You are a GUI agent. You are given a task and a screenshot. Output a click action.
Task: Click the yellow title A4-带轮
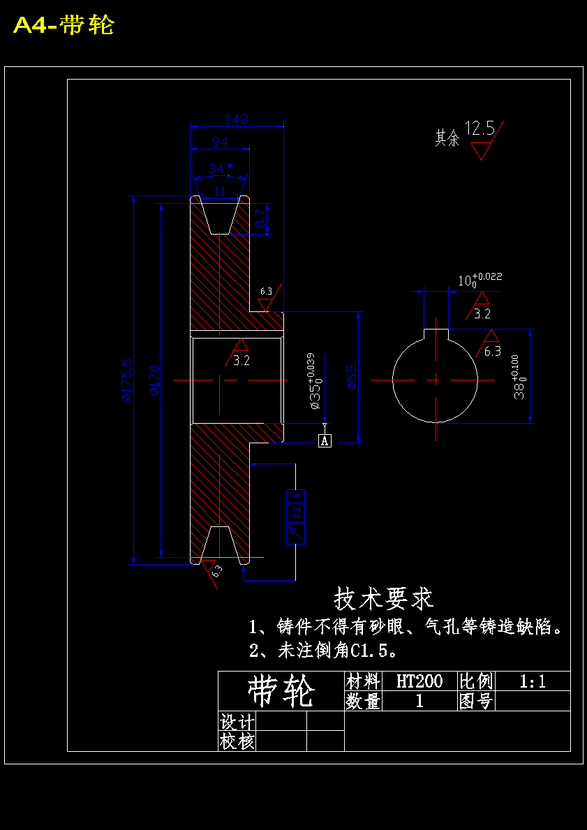click(64, 26)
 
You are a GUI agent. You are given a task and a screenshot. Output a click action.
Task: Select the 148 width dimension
click(237, 119)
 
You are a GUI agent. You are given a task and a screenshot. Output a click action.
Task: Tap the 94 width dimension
click(220, 142)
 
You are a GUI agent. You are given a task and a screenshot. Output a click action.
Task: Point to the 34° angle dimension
click(220, 169)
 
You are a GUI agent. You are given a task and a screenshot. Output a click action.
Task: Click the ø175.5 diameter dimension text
click(126, 380)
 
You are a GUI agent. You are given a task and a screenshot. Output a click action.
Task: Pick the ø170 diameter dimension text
click(154, 380)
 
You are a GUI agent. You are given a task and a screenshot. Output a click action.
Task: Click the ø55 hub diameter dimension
click(351, 376)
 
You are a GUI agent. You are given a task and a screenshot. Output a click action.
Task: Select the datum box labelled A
click(325, 440)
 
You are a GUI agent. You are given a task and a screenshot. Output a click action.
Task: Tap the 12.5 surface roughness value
click(480, 128)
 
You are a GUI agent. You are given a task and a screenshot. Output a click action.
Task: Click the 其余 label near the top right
click(447, 138)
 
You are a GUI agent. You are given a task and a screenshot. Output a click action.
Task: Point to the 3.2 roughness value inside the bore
click(242, 361)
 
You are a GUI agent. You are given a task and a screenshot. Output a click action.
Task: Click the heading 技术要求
click(384, 598)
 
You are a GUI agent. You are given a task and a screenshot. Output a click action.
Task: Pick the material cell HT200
click(419, 681)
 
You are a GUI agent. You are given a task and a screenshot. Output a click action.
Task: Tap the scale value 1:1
click(533, 681)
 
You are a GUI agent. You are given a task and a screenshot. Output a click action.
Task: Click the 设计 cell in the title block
click(237, 721)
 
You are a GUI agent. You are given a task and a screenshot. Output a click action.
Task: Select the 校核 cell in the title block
click(237, 741)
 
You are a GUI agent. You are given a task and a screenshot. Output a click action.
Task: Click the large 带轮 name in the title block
click(281, 691)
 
